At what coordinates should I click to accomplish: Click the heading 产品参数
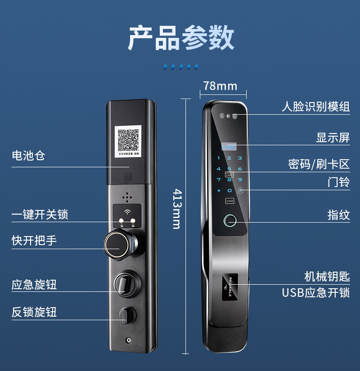pos(181,38)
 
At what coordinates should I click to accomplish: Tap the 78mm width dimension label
pos(220,85)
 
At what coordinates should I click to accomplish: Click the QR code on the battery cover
pos(128,140)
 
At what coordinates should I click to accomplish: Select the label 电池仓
pos(28,156)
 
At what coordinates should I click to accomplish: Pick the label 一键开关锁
pos(40,215)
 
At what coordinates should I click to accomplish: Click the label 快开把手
pos(34,241)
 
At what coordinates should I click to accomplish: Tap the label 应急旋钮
pos(34,285)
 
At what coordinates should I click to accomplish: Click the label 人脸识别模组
pos(315,107)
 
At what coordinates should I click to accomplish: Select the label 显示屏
pos(333,138)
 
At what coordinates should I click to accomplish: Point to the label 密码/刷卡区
pos(319,164)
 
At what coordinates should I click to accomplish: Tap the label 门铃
pos(338,183)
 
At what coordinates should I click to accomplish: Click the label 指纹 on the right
pos(338,215)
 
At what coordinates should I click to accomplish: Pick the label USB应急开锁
pos(315,293)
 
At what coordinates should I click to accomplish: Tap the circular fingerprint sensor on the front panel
pos(230,222)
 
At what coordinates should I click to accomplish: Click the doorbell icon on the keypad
pos(240,190)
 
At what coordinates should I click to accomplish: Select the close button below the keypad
pos(229,201)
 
